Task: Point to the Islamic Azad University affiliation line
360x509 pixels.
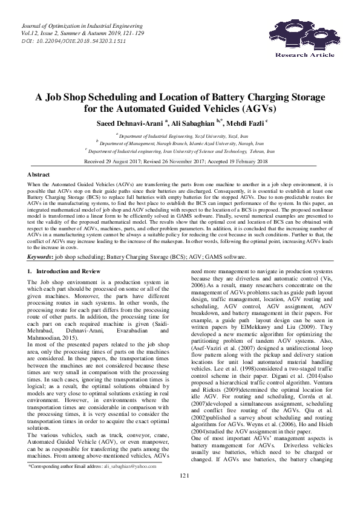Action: pos(179,144)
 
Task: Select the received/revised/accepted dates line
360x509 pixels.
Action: pos(179,162)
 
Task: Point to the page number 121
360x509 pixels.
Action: pos(180,493)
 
